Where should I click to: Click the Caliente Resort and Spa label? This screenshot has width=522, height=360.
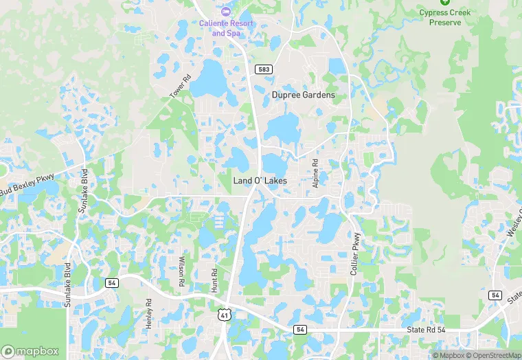(226, 28)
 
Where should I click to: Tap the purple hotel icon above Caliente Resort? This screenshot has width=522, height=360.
(226, 12)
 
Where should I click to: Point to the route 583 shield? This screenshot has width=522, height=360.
(263, 69)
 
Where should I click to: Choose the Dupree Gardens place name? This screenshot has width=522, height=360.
(303, 95)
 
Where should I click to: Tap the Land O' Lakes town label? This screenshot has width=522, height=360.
(260, 181)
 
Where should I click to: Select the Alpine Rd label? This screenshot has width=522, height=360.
(315, 175)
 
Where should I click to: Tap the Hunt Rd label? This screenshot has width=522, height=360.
(214, 280)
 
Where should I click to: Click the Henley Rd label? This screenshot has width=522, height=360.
(149, 313)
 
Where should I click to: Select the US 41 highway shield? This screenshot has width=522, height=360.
(223, 315)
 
